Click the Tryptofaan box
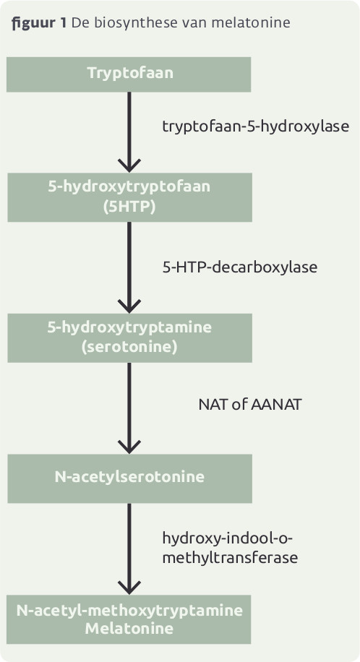pyautogui.click(x=129, y=74)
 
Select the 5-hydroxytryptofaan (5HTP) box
pyautogui.click(x=129, y=197)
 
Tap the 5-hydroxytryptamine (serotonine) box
pyautogui.click(x=129, y=338)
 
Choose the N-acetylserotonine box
pyautogui.click(x=129, y=478)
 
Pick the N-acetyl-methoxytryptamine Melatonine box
pyautogui.click(x=129, y=619)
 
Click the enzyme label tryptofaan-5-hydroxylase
pyautogui.click(x=256, y=126)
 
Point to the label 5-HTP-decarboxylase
pyautogui.click(x=240, y=267)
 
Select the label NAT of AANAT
pyautogui.click(x=250, y=405)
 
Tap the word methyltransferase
pyautogui.click(x=231, y=557)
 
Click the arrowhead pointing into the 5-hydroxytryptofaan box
pyautogui.click(x=129, y=166)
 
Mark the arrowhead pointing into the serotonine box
pyautogui.click(x=129, y=306)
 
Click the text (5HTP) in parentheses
pyautogui.click(x=129, y=207)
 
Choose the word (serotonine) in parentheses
pyautogui.click(x=129, y=348)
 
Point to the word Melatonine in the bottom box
pyautogui.click(x=129, y=629)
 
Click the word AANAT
pyautogui.click(x=276, y=405)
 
